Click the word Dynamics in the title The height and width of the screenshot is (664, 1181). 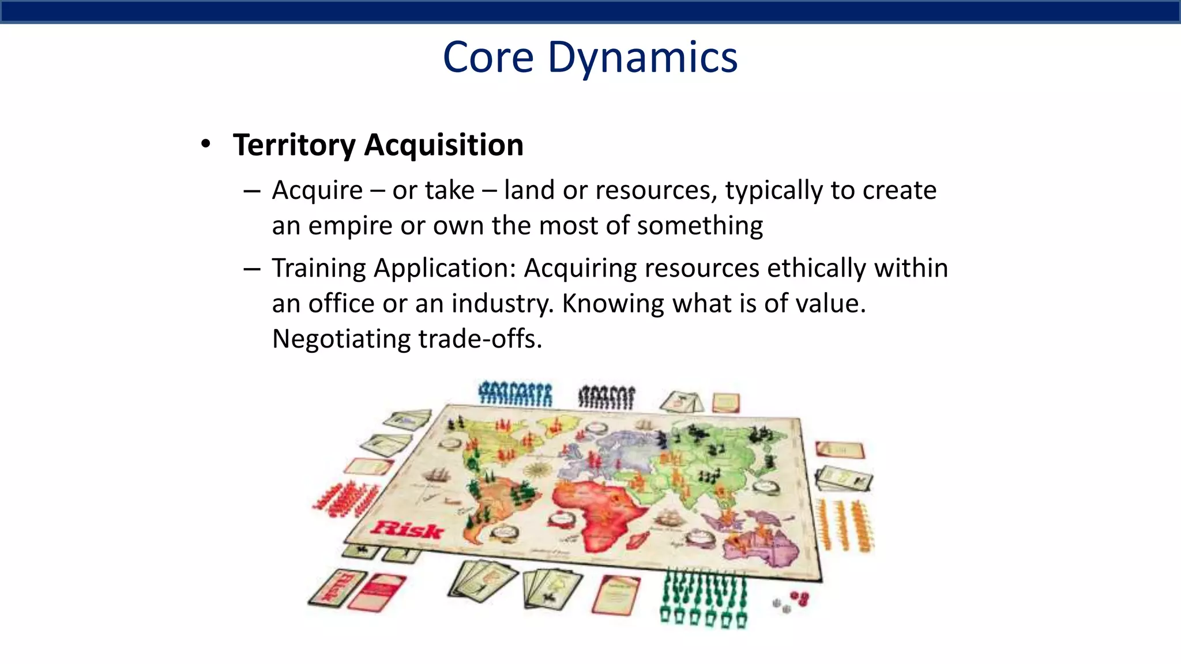642,58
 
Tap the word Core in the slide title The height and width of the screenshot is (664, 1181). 488,58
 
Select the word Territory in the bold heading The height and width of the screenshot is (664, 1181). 294,145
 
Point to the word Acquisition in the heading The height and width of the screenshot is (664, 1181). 443,145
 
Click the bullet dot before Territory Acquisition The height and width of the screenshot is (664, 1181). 206,144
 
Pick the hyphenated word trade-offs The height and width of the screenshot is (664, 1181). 480,339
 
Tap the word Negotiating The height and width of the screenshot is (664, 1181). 341,339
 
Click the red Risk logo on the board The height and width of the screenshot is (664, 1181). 408,529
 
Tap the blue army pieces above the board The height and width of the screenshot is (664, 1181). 515,394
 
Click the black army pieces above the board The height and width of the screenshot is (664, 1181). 606,397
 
